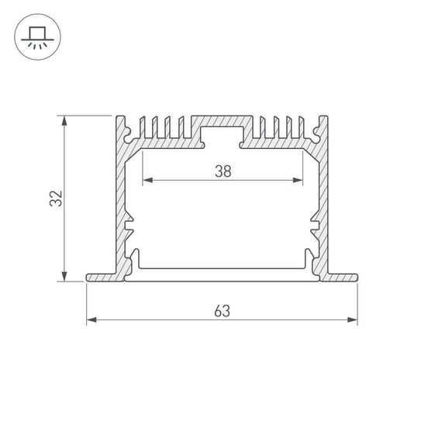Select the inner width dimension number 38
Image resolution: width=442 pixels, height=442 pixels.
(223, 172)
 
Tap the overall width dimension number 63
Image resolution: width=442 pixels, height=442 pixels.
(222, 311)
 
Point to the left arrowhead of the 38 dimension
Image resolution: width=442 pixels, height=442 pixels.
(146, 181)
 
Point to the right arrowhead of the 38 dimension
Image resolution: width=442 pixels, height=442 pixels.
(299, 181)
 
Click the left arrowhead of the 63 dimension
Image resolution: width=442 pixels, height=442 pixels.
(90, 319)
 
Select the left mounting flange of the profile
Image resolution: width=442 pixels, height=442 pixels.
(101, 277)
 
